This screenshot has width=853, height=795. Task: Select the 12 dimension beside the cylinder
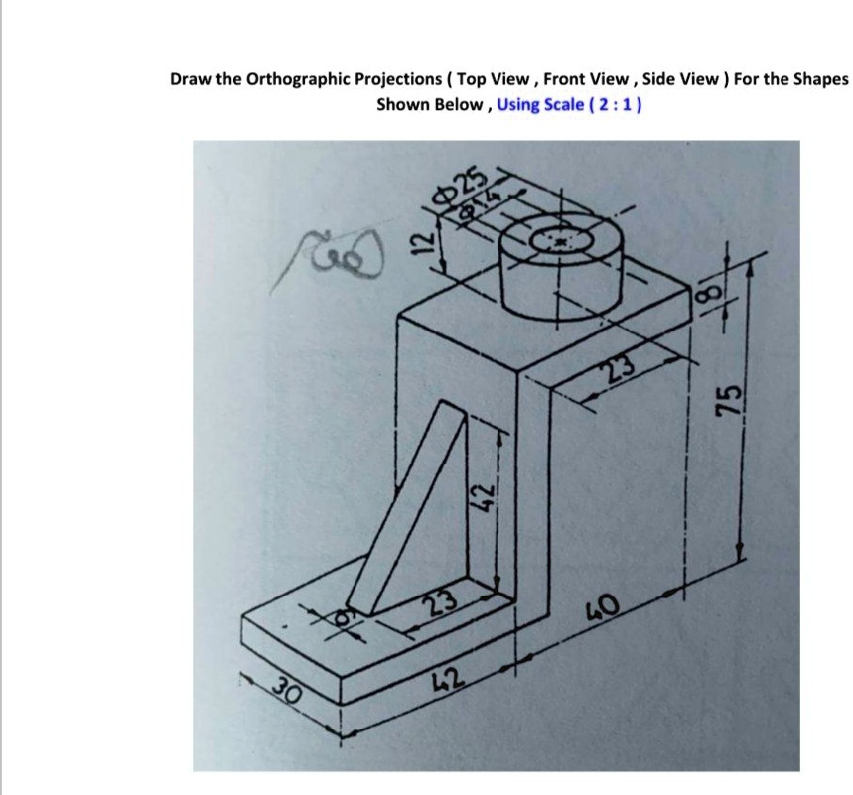click(421, 238)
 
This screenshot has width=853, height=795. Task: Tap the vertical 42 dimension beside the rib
click(480, 490)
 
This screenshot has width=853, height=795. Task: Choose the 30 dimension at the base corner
click(288, 685)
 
